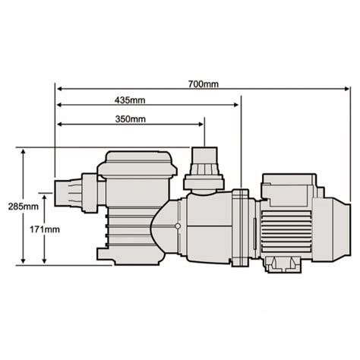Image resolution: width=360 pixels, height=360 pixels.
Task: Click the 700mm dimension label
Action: click(x=204, y=84)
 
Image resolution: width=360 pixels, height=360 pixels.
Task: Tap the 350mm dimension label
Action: click(x=131, y=119)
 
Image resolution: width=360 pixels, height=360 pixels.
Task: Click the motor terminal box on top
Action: click(x=283, y=185)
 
